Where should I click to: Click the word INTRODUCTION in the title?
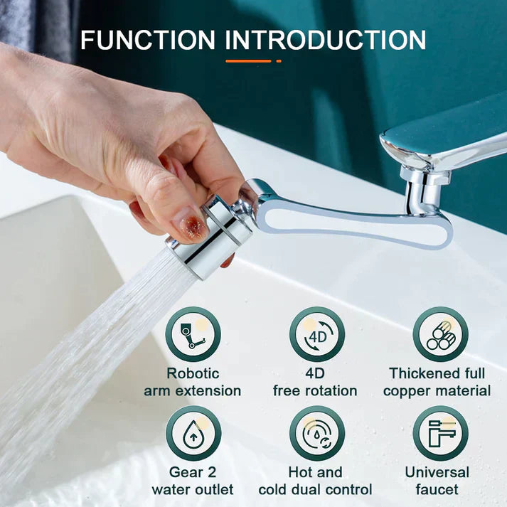(x=326, y=40)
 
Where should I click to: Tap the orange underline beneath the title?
(x=248, y=61)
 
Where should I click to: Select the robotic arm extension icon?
(x=193, y=334)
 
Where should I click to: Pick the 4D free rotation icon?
(x=316, y=334)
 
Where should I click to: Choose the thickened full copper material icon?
(x=440, y=334)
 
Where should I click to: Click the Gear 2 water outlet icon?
(x=193, y=433)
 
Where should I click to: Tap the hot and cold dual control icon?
(x=316, y=433)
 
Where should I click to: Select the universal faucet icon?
(x=440, y=433)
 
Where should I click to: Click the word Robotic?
(x=193, y=373)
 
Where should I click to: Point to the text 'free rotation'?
(x=315, y=391)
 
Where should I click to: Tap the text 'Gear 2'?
(x=193, y=472)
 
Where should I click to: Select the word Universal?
(x=437, y=472)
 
